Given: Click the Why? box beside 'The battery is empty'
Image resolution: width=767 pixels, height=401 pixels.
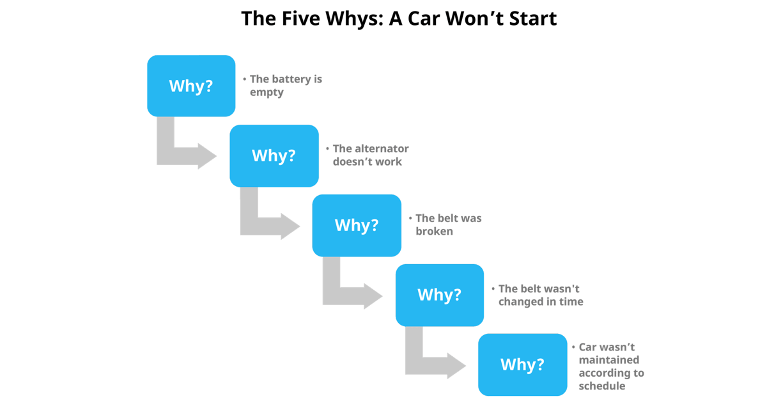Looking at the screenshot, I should point(191,86).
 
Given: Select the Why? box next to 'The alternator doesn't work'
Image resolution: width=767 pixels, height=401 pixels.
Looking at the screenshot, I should point(274,155).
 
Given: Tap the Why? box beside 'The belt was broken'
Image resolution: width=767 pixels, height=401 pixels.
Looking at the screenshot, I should point(357,225).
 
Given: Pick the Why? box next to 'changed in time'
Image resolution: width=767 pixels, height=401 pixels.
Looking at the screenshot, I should point(439,295).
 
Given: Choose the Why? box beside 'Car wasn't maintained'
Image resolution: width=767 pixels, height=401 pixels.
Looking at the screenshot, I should point(522,365).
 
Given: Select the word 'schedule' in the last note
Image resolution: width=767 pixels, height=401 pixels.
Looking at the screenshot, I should point(601,386).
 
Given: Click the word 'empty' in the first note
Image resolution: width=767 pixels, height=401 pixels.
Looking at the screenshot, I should point(267,92).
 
